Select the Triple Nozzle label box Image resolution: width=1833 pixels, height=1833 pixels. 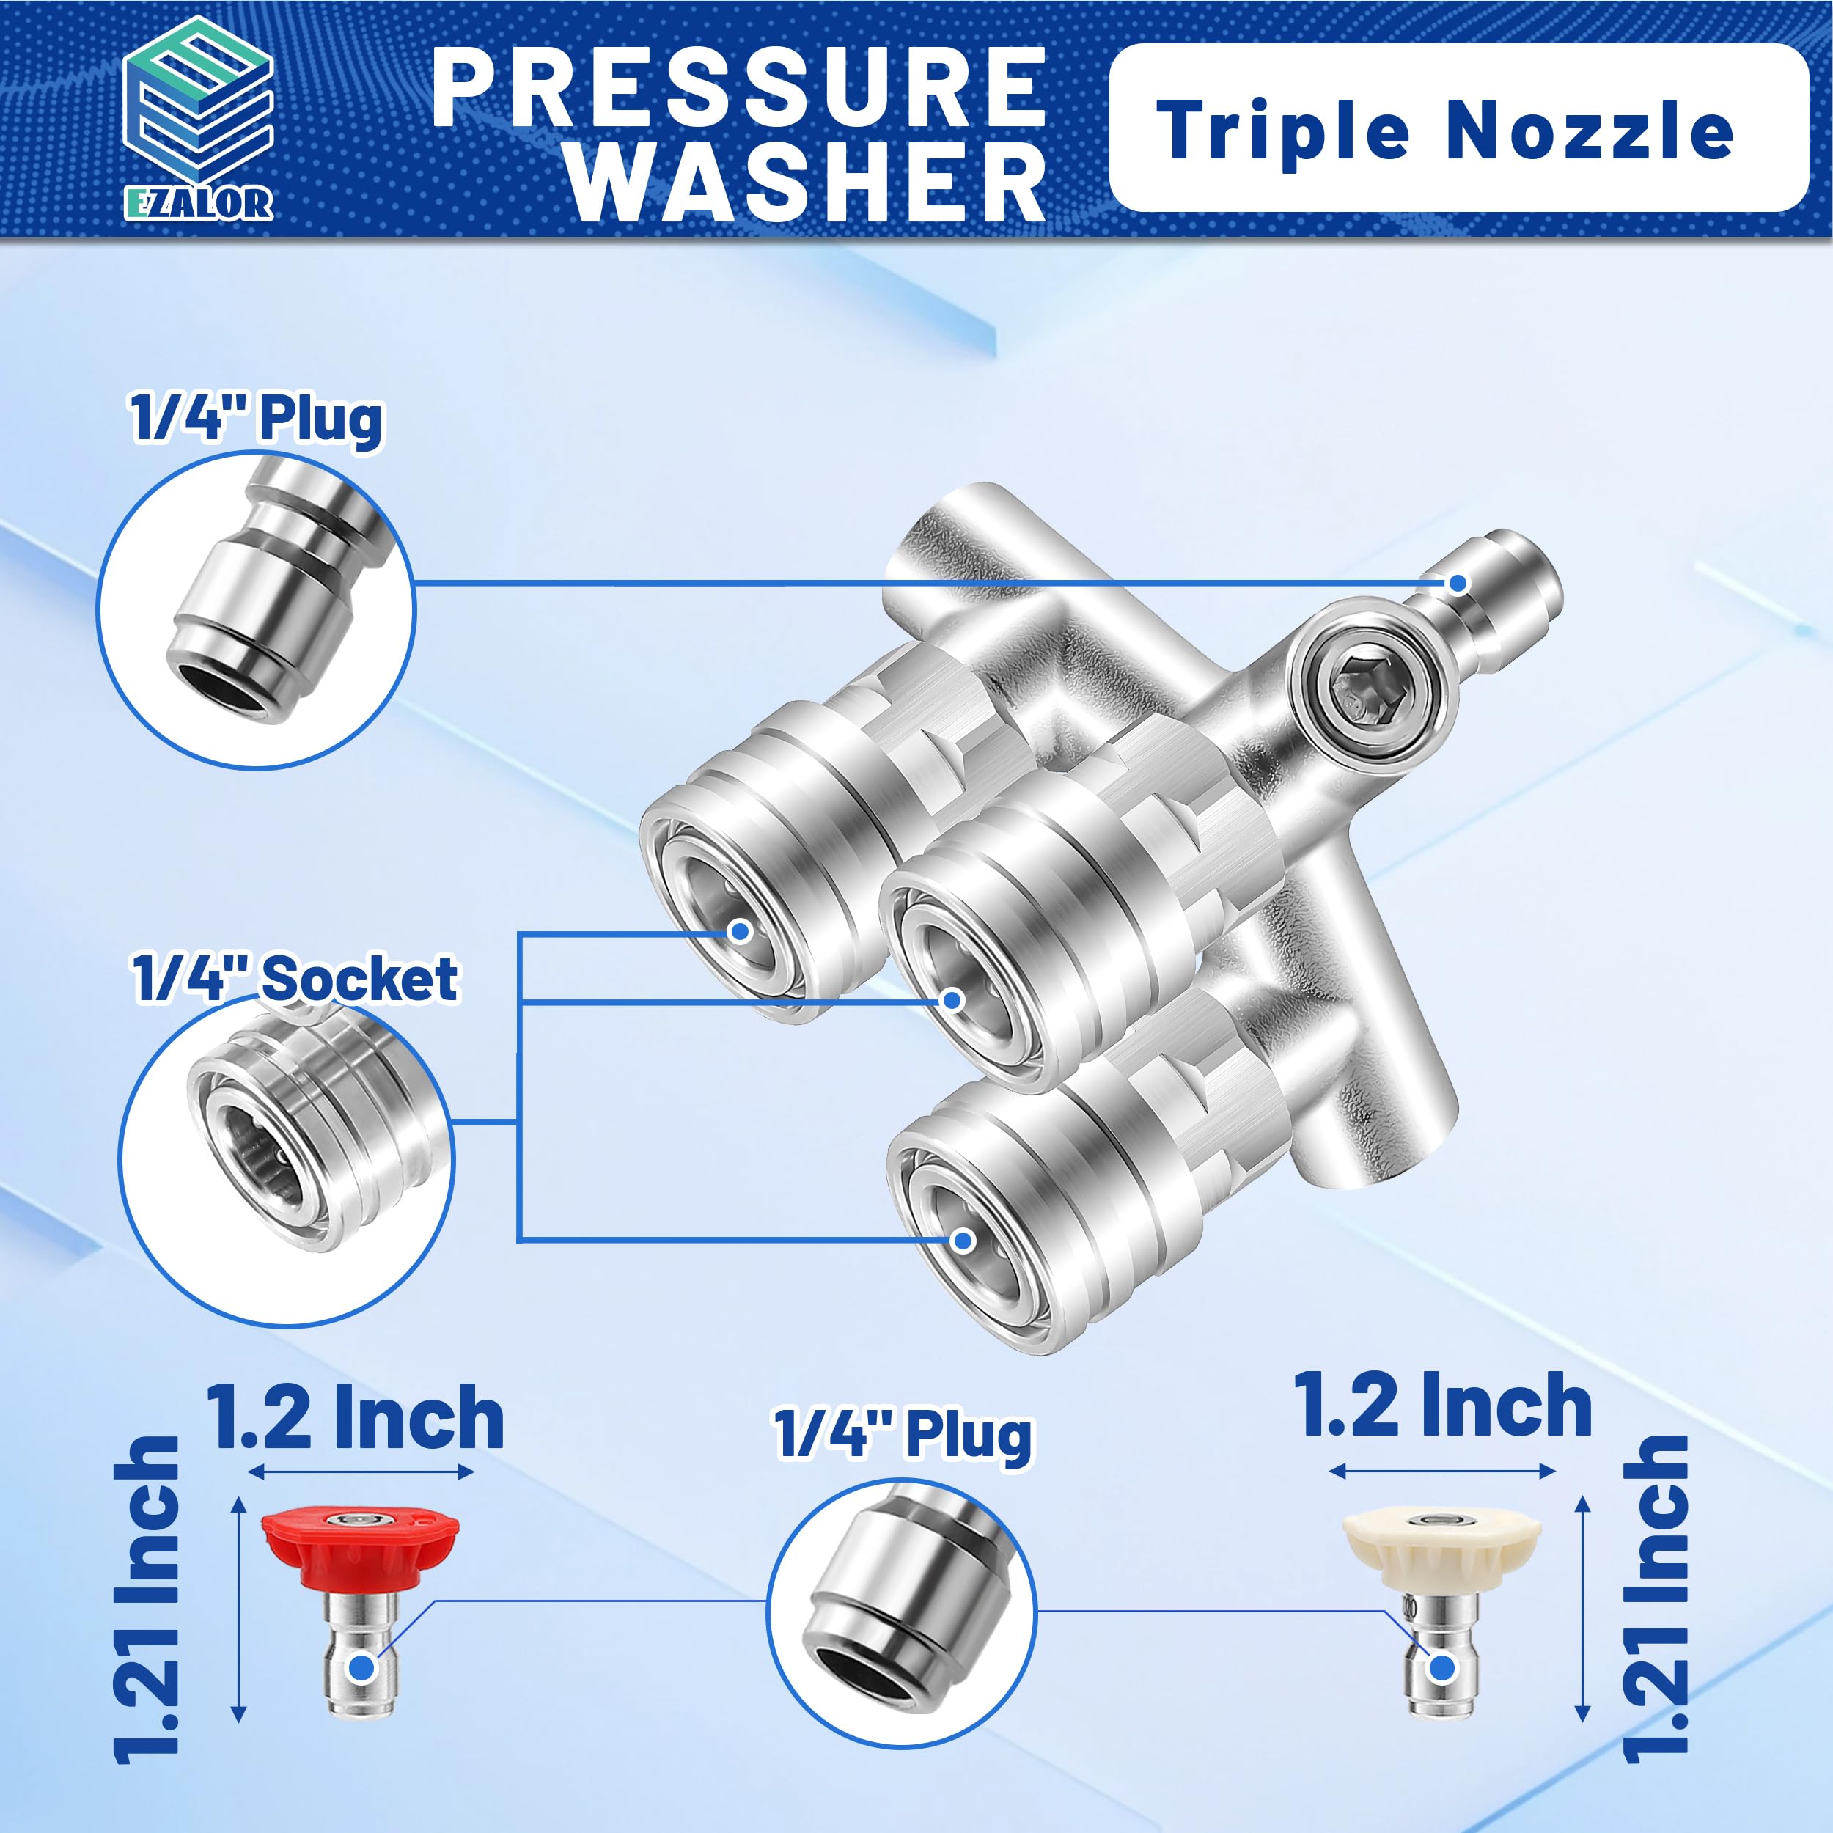pos(1458,127)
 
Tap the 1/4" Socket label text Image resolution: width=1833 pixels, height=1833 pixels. pos(295,978)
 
